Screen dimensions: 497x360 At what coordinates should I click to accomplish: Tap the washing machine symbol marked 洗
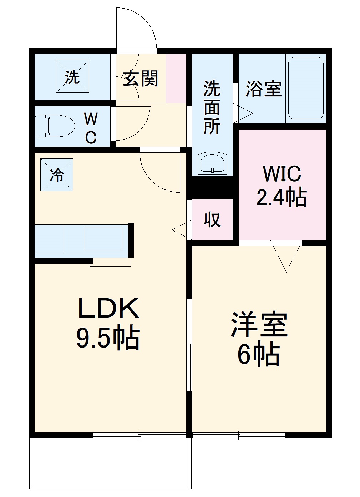72,76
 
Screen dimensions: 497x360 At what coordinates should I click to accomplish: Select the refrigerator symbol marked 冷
57,175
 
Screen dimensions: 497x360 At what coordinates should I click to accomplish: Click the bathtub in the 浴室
306,88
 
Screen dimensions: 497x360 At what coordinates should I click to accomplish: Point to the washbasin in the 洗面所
212,163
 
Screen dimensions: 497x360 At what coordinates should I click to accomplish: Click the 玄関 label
141,78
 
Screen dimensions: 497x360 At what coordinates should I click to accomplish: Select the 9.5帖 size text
107,338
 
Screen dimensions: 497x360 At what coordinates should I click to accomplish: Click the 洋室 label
259,325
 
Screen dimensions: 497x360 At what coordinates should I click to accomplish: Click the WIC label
282,174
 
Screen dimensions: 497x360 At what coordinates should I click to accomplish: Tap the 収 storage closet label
212,219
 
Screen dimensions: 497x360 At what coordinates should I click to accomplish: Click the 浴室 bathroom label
264,88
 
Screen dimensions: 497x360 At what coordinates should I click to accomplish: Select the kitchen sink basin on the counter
103,238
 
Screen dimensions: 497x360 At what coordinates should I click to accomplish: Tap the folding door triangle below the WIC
286,255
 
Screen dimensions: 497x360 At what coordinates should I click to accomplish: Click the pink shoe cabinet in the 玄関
176,78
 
